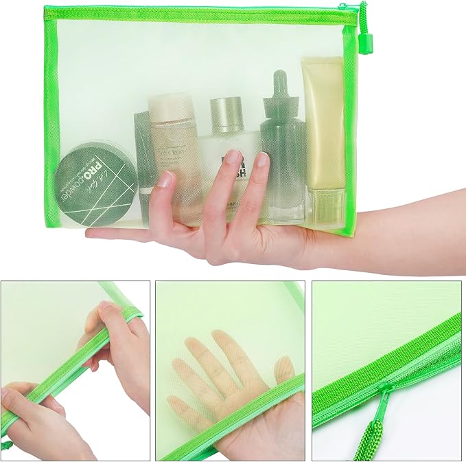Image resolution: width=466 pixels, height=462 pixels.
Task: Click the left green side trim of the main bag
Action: [x=51, y=103]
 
